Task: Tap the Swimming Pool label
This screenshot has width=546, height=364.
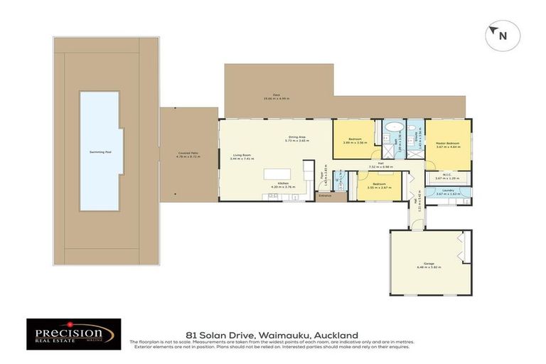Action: (98, 152)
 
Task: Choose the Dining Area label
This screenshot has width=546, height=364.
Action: (296, 136)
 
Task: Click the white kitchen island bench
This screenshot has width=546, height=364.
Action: (279, 174)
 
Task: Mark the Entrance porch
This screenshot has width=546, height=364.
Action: (326, 195)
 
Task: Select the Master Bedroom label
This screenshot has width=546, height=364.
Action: (447, 143)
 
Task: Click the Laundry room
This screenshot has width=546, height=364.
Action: (448, 191)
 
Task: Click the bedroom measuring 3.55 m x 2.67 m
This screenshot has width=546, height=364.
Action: (378, 186)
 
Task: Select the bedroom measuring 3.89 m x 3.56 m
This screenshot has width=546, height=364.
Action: (355, 140)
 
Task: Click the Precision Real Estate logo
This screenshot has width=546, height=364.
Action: (74, 333)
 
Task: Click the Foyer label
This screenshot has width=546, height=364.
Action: (322, 173)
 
